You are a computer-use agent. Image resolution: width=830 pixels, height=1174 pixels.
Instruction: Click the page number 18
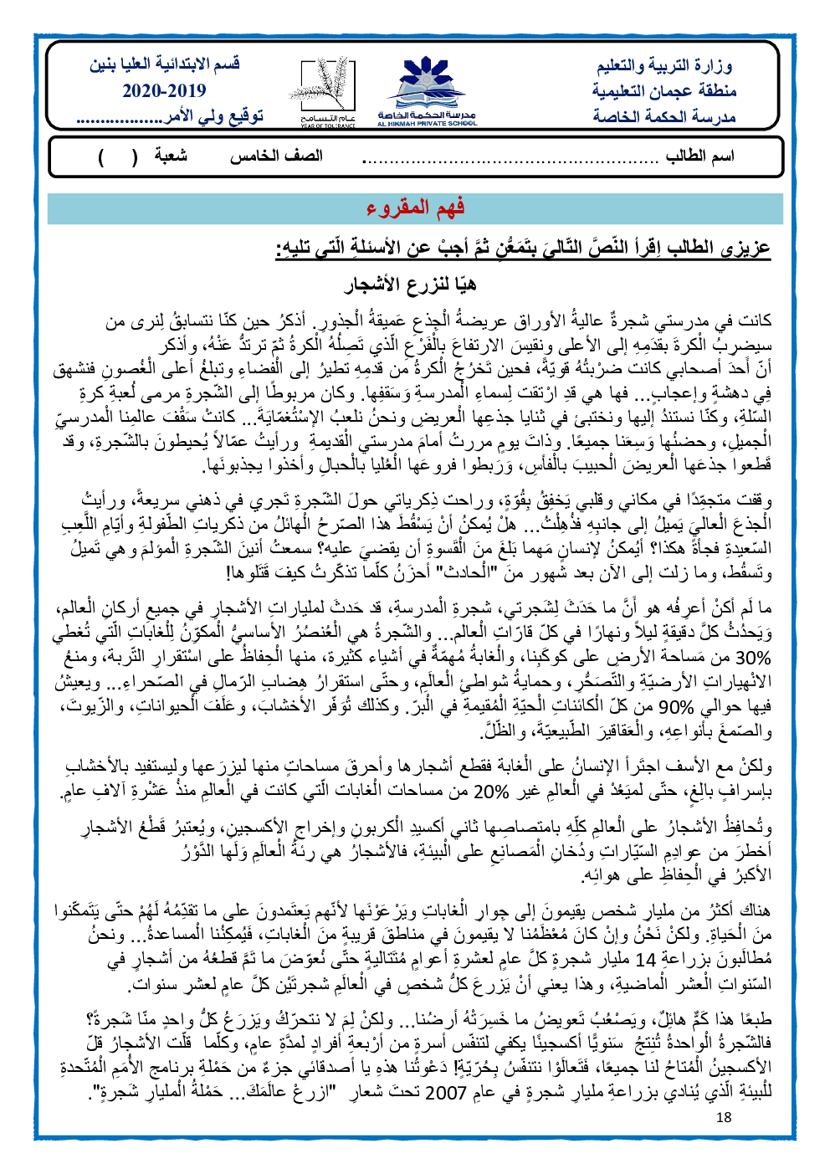pyautogui.click(x=724, y=1116)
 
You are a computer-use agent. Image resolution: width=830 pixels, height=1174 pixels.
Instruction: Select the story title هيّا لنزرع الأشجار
pyautogui.click(x=411, y=285)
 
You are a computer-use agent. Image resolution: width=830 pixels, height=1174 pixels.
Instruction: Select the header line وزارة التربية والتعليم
pyautogui.click(x=665, y=66)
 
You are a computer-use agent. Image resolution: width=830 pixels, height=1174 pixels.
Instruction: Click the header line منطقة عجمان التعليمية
pyautogui.click(x=665, y=90)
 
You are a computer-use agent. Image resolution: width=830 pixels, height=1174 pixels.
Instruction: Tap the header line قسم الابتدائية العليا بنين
pyautogui.click(x=165, y=64)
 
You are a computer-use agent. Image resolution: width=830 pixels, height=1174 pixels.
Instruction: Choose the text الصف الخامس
pyautogui.click(x=276, y=157)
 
